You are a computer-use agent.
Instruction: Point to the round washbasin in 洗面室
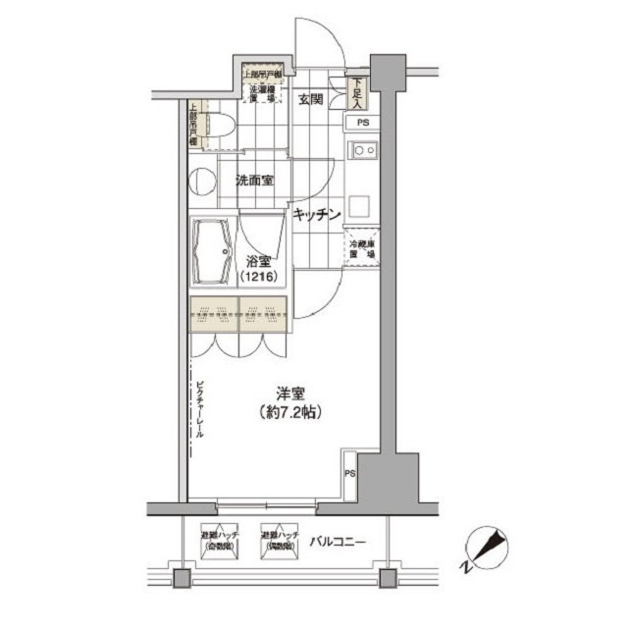click(203, 182)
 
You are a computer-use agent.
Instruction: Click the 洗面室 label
click(253, 181)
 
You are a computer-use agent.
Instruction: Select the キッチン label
click(315, 213)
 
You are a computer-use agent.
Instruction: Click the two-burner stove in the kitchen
click(363, 150)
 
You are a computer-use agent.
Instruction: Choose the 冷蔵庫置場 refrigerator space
click(361, 249)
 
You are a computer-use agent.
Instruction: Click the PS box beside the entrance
click(362, 123)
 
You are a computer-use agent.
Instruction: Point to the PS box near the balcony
click(349, 474)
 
